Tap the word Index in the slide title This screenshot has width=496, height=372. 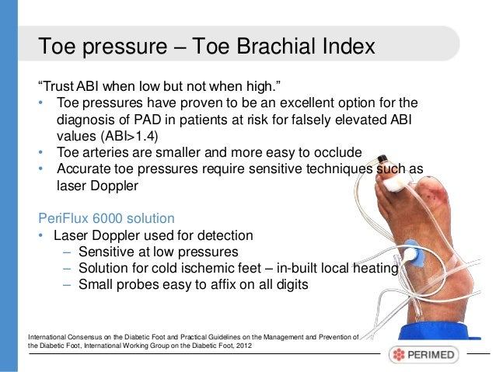click(347, 47)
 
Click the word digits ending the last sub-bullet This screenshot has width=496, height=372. click(288, 284)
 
